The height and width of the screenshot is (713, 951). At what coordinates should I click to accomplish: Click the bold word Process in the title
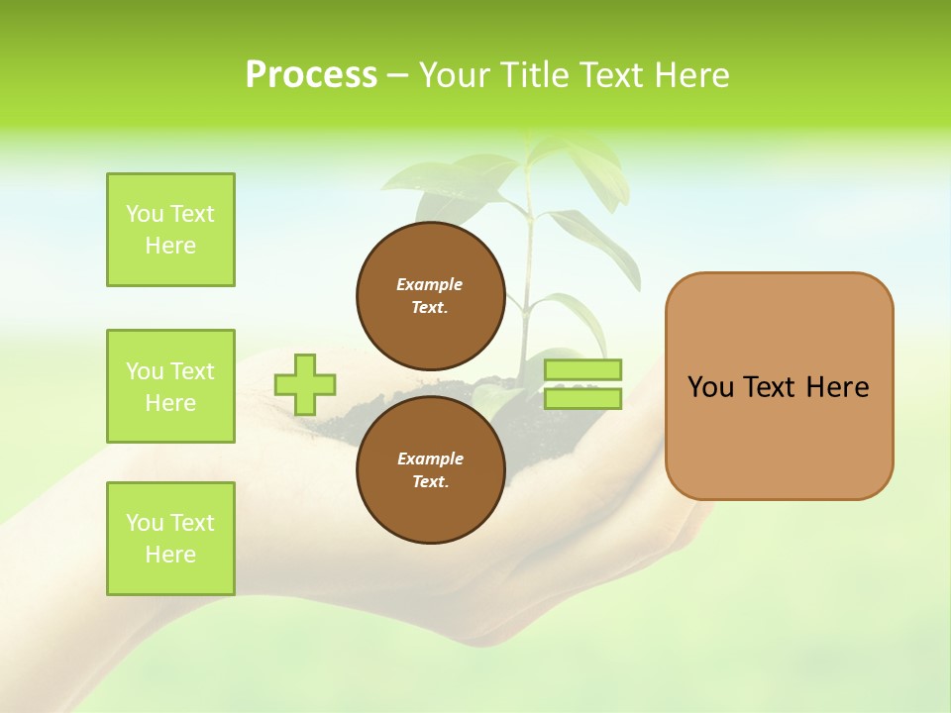(x=311, y=75)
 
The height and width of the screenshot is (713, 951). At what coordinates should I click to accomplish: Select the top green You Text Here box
(x=170, y=230)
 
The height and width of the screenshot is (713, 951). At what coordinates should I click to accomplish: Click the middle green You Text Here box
(x=170, y=386)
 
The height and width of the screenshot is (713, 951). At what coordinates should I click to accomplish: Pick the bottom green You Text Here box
(x=170, y=539)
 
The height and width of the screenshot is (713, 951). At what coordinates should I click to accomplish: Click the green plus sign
(x=305, y=384)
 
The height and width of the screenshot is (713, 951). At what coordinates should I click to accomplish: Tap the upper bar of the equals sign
(x=582, y=369)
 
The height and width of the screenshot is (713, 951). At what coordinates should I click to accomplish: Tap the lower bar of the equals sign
(x=582, y=399)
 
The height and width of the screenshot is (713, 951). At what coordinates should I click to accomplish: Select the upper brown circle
(x=430, y=295)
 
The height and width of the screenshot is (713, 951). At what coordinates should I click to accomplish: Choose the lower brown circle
(x=430, y=469)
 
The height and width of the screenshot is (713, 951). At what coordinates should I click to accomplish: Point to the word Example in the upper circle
(x=430, y=284)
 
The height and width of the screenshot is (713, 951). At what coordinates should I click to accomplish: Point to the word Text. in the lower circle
(x=430, y=482)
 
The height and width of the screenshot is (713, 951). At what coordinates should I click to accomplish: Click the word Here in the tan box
(x=837, y=387)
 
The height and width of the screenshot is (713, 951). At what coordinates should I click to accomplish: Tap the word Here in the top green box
(x=170, y=246)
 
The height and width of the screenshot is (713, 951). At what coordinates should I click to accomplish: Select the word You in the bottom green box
(x=145, y=523)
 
